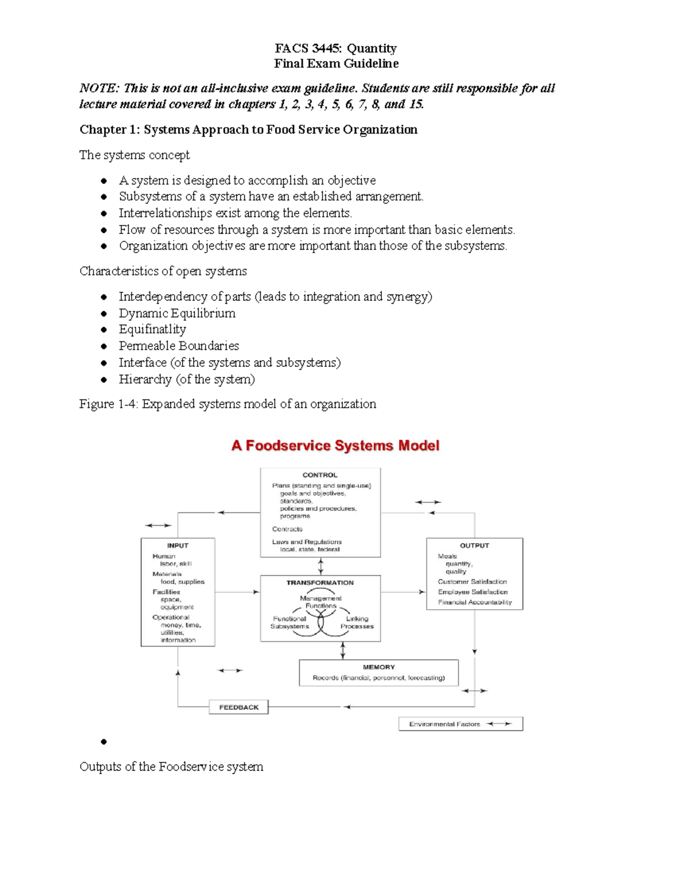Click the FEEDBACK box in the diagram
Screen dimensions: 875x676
point(239,707)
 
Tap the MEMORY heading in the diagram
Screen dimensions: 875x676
point(379,667)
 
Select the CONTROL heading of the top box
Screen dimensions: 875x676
point(320,475)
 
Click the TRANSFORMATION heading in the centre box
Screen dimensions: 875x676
point(320,583)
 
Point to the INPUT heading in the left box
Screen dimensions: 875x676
point(177,545)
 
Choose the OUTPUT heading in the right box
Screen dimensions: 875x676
point(474,545)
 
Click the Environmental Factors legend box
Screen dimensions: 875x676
point(460,724)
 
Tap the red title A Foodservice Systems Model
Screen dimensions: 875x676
point(335,446)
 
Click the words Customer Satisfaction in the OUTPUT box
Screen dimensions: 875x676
point(472,581)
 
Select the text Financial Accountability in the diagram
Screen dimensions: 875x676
point(475,602)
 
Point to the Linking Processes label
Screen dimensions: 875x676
point(357,623)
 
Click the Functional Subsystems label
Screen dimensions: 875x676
point(290,623)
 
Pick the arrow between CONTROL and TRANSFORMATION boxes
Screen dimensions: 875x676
point(321,566)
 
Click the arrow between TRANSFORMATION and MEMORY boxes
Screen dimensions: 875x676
point(343,651)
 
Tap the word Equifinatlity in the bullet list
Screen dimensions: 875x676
point(152,330)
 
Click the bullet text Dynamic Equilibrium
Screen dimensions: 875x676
point(177,313)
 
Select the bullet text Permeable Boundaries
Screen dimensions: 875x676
point(179,346)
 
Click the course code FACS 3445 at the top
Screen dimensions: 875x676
point(308,48)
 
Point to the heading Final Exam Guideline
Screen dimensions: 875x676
point(336,64)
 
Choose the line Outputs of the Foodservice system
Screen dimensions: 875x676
point(171,767)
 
